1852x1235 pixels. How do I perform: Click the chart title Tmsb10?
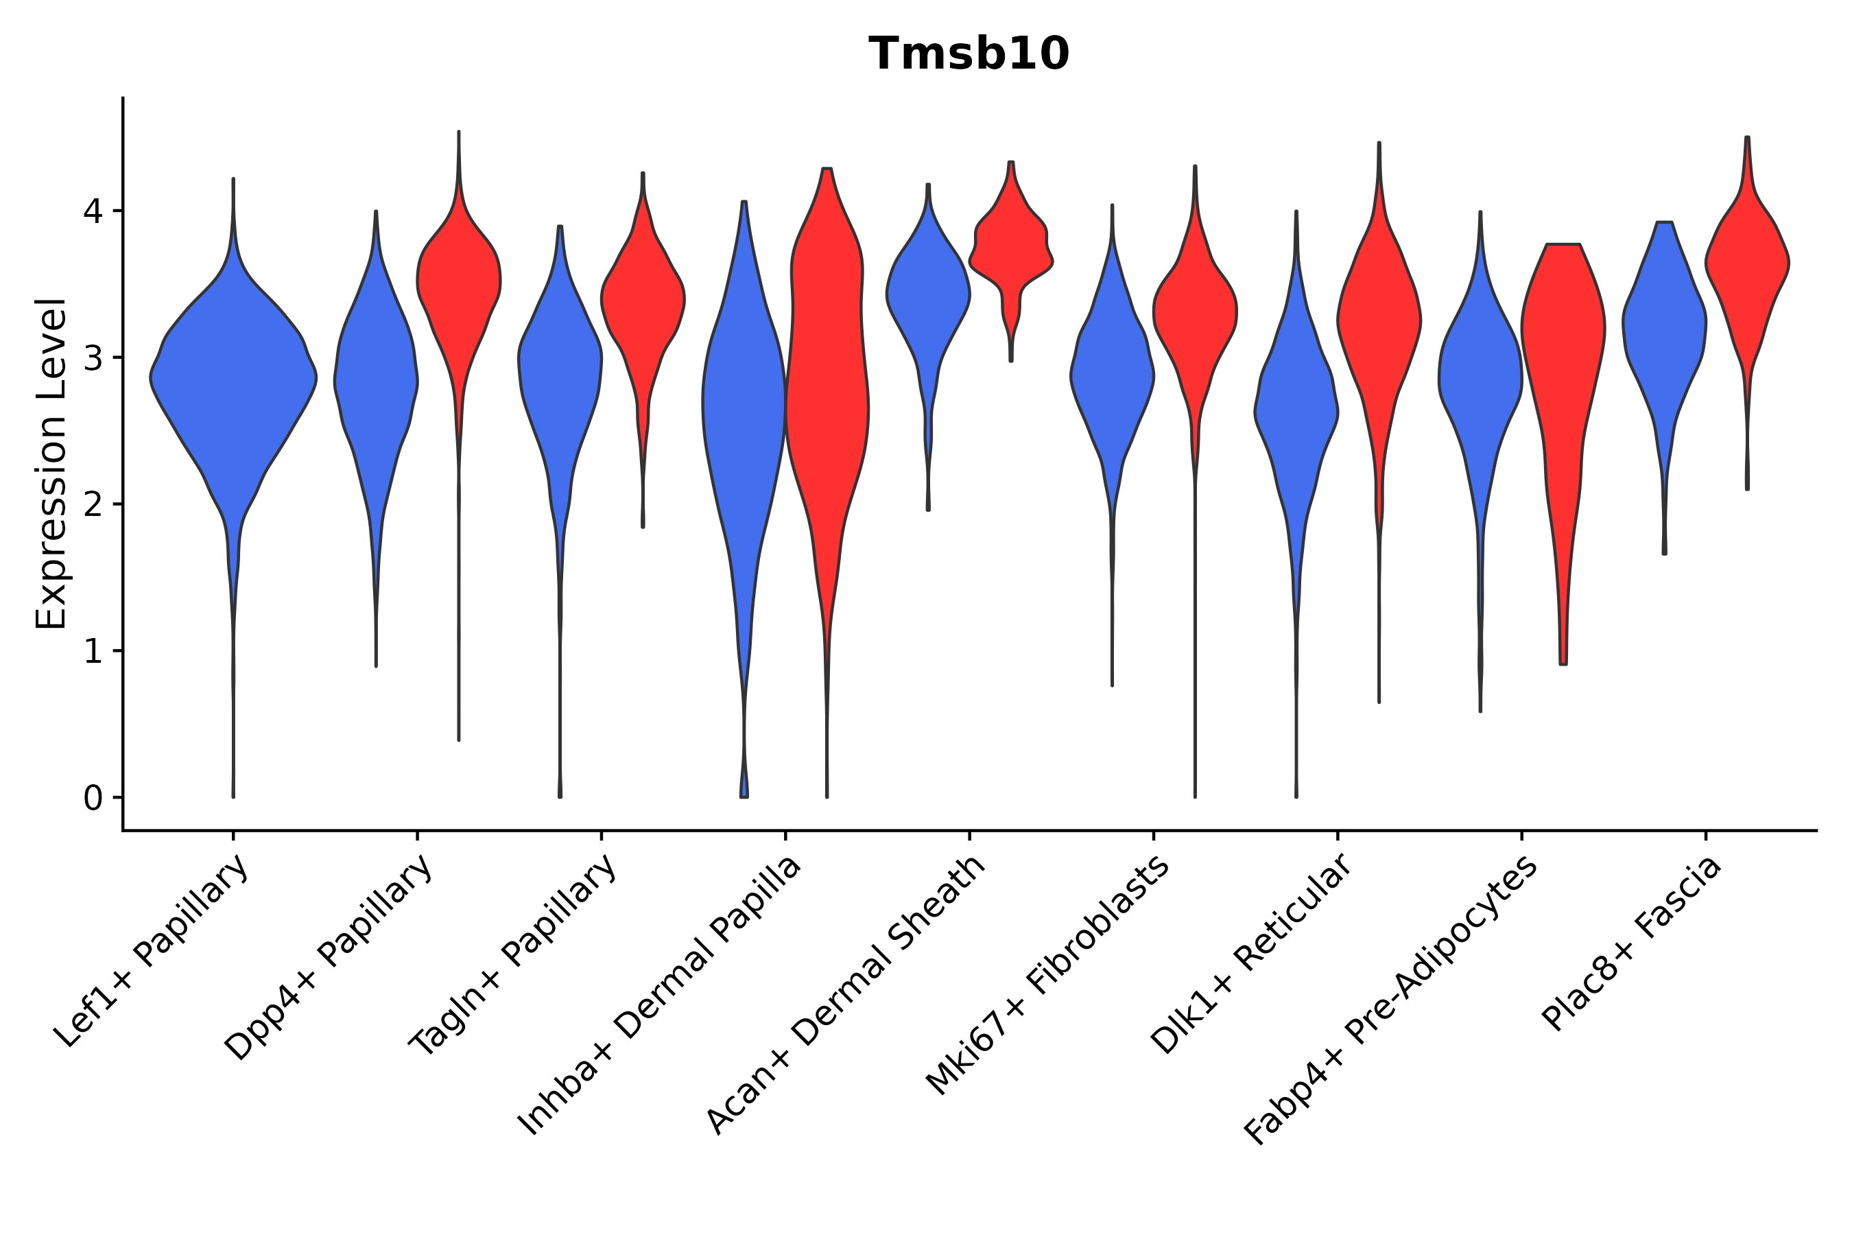pyautogui.click(x=969, y=54)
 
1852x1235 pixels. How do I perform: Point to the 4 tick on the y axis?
pyautogui.click(x=92, y=212)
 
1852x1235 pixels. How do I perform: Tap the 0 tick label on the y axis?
pyautogui.click(x=92, y=799)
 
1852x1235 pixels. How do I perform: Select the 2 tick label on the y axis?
pyautogui.click(x=92, y=505)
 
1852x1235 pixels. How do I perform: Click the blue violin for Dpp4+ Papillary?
pyautogui.click(x=376, y=378)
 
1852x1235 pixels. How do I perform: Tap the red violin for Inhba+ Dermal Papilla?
pyautogui.click(x=827, y=378)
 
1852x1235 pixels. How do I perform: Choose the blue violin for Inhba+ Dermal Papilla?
pyautogui.click(x=744, y=410)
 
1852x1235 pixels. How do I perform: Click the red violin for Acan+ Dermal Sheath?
pyautogui.click(x=1011, y=244)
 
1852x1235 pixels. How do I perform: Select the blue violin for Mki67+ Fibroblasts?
pyautogui.click(x=1112, y=378)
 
